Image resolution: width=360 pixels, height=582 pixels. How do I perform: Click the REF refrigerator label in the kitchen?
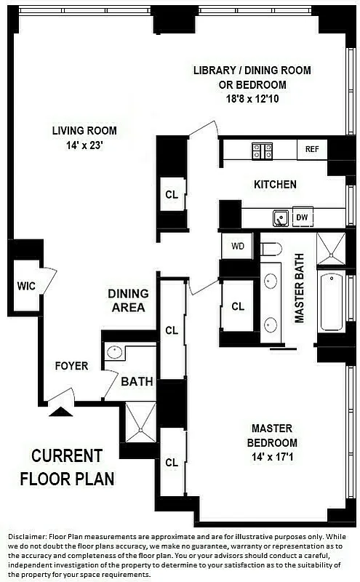pyautogui.click(x=312, y=149)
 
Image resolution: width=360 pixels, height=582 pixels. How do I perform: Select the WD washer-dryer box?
pyautogui.click(x=238, y=246)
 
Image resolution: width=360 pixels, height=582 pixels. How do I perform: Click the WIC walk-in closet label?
pyautogui.click(x=25, y=286)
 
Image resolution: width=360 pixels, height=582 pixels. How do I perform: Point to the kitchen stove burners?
pyautogui.click(x=262, y=151)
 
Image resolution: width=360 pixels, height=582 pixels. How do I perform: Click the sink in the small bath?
pyautogui.click(x=114, y=353)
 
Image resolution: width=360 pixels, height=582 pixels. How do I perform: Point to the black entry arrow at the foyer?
pyautogui.click(x=60, y=411)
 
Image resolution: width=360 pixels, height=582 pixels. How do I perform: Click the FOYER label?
pyautogui.click(x=71, y=366)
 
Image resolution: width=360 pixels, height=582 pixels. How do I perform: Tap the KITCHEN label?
pyautogui.click(x=275, y=185)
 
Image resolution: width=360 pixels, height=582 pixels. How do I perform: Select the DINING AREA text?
pyautogui.click(x=128, y=300)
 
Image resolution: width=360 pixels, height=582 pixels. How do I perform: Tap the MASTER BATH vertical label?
pyautogui.click(x=298, y=289)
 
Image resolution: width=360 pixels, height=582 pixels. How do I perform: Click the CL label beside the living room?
pyautogui.click(x=172, y=194)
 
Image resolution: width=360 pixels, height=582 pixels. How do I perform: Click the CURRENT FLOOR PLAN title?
pyautogui.click(x=67, y=467)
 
